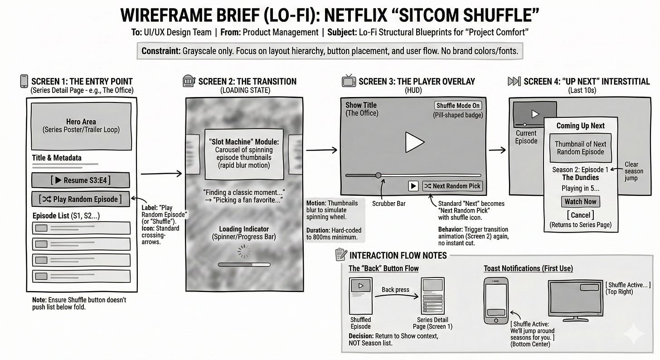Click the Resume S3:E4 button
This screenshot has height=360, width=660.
81,180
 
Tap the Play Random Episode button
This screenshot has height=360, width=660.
81,199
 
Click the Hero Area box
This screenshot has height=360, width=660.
81,126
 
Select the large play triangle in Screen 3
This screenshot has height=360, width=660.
413,142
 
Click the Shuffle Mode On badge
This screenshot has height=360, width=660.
458,106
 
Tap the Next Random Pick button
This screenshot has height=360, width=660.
452,186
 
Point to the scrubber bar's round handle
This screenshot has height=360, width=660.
378,175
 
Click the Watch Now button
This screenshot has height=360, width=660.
580,201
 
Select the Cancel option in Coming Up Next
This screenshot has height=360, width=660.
580,215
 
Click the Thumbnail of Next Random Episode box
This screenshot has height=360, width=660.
580,148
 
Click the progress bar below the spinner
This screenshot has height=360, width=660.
244,264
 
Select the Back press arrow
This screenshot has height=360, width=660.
395,297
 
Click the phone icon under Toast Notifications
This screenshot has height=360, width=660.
496,301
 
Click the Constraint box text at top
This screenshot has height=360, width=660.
330,51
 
